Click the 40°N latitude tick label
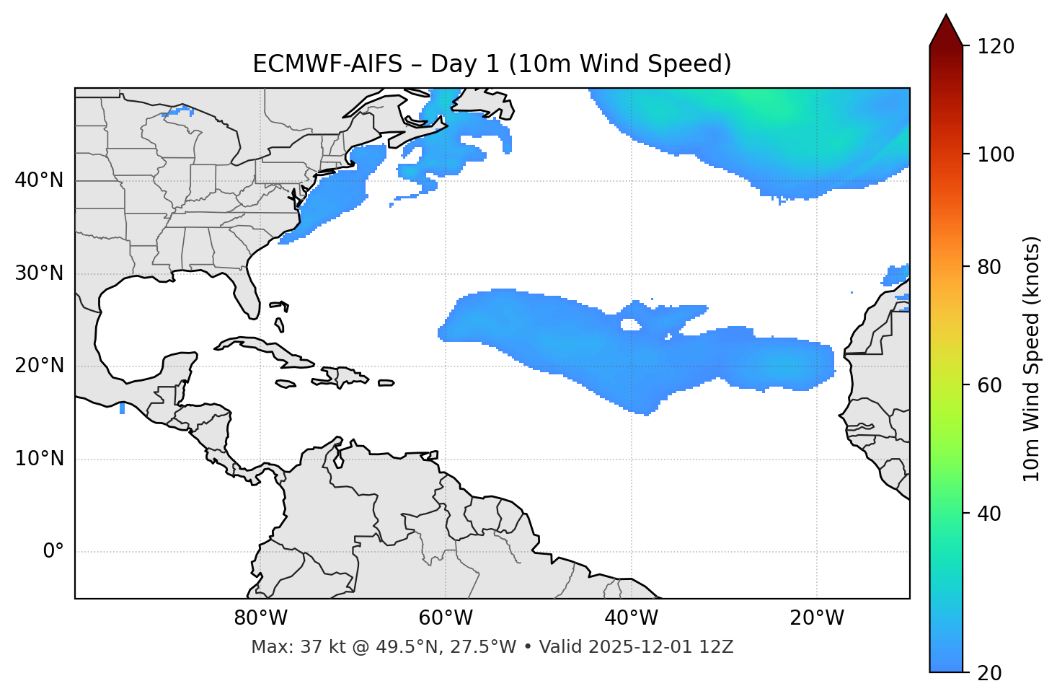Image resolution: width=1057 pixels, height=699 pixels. click(x=39, y=180)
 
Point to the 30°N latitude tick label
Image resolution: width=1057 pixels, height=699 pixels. click(x=39, y=273)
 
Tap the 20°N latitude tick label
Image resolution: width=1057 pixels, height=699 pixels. click(x=39, y=366)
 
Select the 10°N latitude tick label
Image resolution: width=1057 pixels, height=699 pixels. click(x=39, y=459)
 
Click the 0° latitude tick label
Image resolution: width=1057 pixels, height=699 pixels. click(x=53, y=552)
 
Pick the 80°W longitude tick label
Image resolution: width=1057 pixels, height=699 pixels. click(x=260, y=618)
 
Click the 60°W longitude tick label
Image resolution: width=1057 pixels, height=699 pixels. click(x=446, y=618)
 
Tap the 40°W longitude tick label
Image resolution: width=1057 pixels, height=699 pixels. click(x=631, y=618)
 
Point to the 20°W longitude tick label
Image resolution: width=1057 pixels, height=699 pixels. click(x=816, y=618)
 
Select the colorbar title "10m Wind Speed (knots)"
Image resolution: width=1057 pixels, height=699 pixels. click(x=1032, y=359)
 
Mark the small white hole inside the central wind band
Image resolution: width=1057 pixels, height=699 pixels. click(x=630, y=325)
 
